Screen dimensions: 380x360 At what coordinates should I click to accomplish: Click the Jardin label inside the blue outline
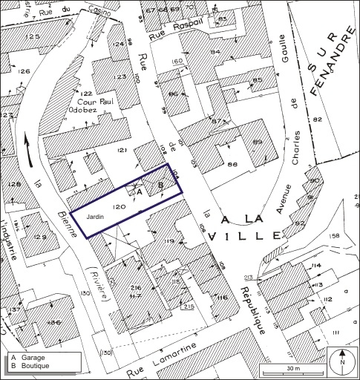tap(96, 216)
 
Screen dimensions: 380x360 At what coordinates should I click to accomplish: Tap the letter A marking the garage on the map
tap(139, 191)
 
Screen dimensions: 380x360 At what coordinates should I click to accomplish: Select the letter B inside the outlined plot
tap(160, 185)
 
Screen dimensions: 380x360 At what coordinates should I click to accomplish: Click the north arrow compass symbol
tap(341, 362)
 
